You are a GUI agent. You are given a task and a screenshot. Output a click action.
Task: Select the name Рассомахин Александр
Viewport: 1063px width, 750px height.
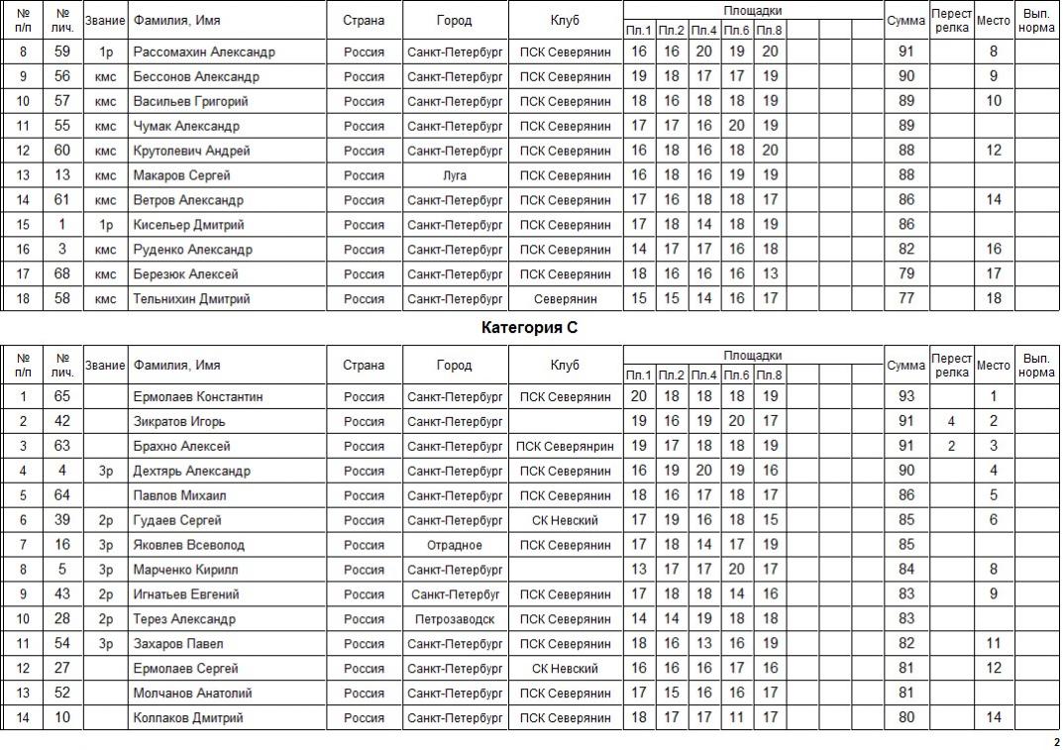204,52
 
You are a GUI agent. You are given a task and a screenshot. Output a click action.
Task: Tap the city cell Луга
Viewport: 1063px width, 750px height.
455,175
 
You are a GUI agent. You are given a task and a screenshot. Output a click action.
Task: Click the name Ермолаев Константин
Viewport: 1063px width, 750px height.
198,397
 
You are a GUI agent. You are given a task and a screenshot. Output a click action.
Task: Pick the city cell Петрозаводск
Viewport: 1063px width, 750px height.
455,619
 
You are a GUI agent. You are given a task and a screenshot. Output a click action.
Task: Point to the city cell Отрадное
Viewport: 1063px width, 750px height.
455,545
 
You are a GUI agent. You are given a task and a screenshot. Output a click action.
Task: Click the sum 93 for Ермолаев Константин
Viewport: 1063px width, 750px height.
905,397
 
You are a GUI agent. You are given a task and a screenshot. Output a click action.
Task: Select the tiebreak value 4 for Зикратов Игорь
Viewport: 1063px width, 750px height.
951,422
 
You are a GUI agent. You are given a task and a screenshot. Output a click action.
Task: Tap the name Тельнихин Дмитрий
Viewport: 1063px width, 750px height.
191,299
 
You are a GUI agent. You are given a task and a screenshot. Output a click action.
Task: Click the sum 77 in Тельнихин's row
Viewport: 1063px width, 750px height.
905,299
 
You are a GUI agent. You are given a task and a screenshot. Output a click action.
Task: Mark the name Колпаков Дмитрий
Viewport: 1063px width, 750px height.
188,718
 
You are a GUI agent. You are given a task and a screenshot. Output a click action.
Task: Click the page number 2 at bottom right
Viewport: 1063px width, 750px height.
1054,742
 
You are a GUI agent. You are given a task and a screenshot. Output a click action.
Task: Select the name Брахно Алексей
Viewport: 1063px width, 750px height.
181,447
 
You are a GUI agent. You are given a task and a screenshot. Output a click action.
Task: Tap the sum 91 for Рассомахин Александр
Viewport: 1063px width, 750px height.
905,52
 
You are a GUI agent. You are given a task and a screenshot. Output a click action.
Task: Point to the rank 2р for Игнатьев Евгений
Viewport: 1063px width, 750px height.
105,594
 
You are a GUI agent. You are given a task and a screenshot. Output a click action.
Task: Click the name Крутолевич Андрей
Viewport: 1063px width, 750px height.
191,151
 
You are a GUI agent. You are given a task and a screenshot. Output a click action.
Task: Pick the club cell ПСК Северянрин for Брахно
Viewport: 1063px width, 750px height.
565,447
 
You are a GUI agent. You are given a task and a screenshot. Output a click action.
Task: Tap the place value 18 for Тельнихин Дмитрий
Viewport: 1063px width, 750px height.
994,299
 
